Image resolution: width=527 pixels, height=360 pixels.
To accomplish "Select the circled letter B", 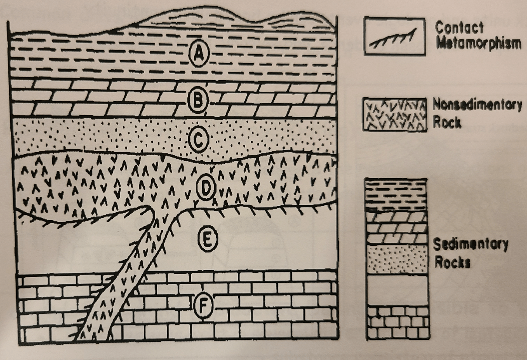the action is (x=198, y=99).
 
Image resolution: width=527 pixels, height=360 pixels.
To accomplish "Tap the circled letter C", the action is (x=199, y=139).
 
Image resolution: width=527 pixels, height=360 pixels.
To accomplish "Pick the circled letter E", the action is (x=207, y=239).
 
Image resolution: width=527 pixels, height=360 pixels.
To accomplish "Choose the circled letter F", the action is (x=203, y=306).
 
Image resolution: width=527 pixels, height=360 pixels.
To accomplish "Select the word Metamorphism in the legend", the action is (x=479, y=44).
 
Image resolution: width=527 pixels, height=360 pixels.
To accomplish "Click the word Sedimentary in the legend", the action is (x=470, y=245).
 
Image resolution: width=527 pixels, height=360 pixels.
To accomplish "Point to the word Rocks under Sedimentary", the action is (x=453, y=262).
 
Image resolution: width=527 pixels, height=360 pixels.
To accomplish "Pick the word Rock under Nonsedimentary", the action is (x=447, y=122).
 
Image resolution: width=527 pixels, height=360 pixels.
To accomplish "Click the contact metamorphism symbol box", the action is (x=394, y=36).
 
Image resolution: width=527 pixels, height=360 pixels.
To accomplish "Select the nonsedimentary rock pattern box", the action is (x=394, y=115).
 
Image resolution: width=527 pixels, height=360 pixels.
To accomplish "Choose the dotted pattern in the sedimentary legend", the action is (x=396, y=259).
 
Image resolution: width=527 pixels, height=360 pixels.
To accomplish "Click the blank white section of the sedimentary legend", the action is (x=397, y=290).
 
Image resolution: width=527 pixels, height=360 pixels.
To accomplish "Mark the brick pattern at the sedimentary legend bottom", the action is (x=397, y=323).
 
